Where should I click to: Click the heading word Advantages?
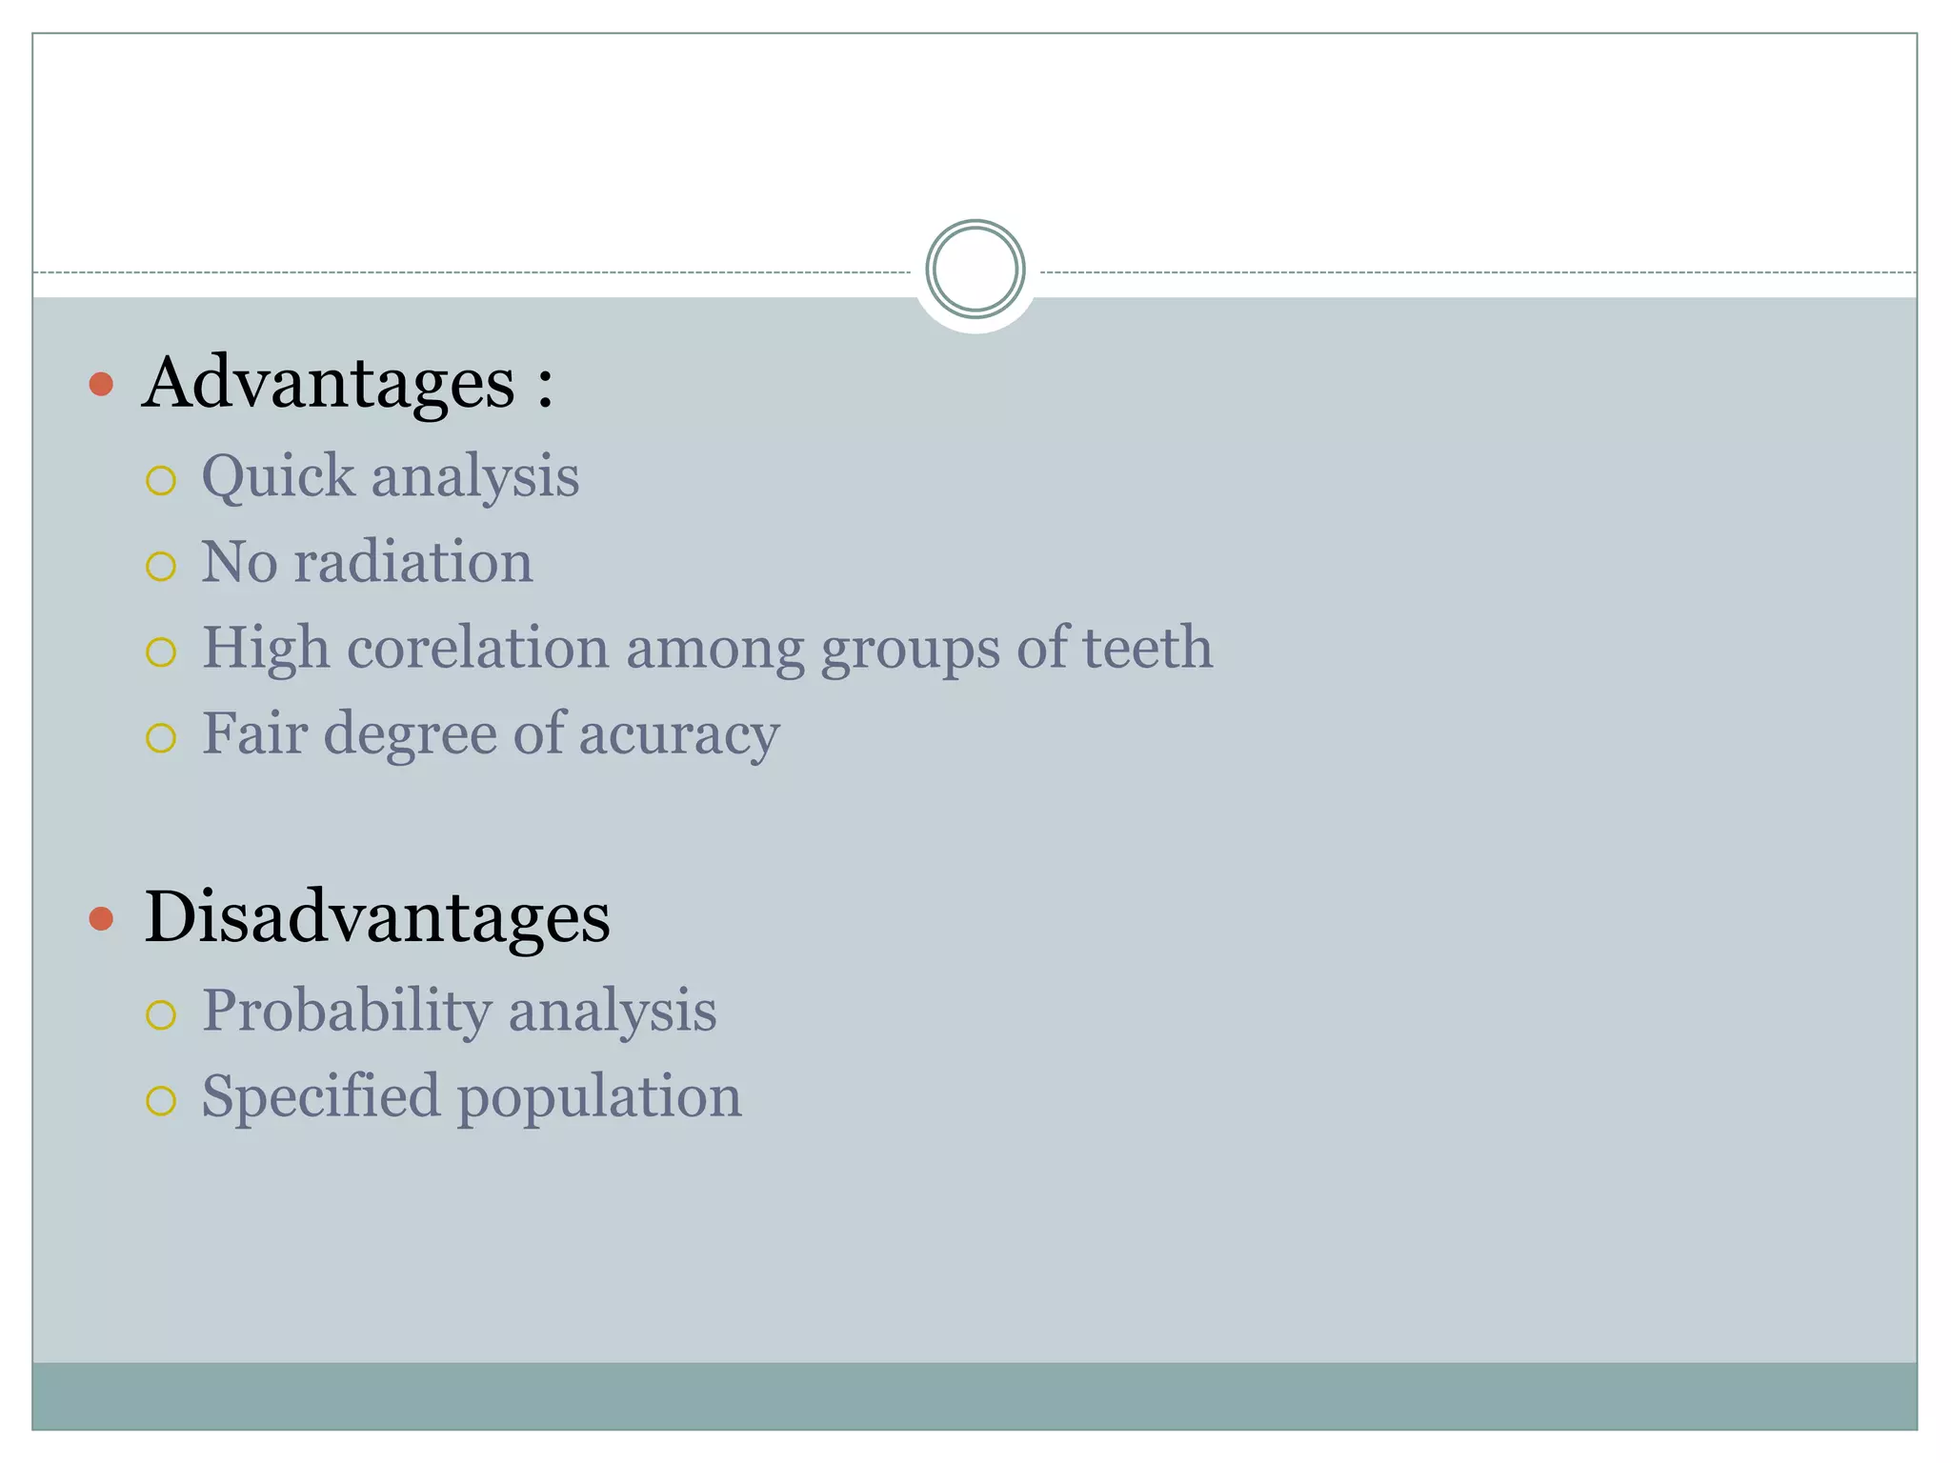click(329, 383)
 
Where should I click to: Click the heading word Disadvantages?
click(377, 917)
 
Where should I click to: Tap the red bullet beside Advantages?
click(101, 385)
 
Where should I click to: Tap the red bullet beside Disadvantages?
click(101, 919)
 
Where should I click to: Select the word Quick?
click(278, 476)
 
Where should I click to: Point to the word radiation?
click(412, 562)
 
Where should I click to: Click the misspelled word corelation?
click(477, 648)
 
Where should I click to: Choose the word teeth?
click(1147, 648)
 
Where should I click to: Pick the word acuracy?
click(678, 734)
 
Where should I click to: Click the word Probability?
click(346, 1011)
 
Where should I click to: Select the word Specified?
click(321, 1096)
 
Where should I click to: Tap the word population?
click(599, 1098)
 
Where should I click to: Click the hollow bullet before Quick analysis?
click(161, 481)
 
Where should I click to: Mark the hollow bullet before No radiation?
click(161, 567)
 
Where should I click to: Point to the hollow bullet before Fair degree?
click(161, 738)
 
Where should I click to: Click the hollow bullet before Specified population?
click(161, 1101)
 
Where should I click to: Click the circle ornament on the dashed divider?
click(975, 270)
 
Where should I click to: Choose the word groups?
click(909, 650)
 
